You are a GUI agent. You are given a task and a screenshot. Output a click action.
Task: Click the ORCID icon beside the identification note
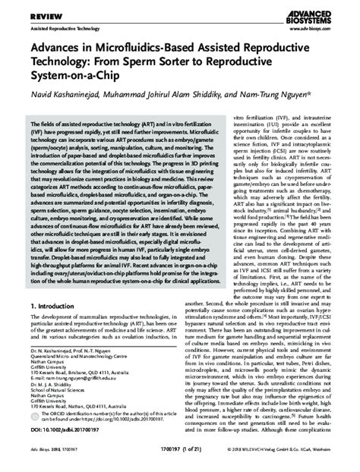(x=35, y=415)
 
